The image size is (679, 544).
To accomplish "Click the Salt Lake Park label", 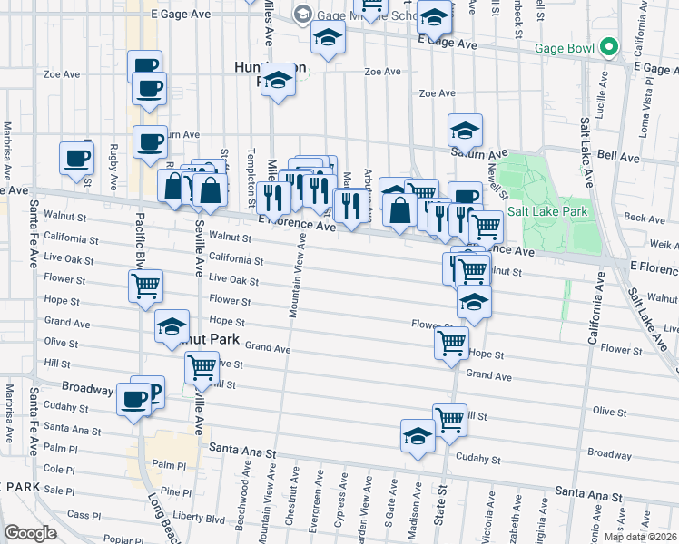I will (547, 211).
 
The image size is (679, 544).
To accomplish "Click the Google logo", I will (30, 532).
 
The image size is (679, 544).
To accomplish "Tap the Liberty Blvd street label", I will (202, 519).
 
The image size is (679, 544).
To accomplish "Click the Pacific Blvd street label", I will (141, 239).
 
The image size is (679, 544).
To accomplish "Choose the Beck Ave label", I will (645, 219).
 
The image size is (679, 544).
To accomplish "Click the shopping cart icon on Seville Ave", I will (202, 366).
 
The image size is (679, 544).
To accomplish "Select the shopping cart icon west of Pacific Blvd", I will (146, 287).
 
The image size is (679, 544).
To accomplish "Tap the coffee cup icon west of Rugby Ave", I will (77, 157).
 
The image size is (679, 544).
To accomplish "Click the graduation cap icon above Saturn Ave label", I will (465, 131).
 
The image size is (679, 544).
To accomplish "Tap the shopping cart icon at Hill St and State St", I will (449, 419).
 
